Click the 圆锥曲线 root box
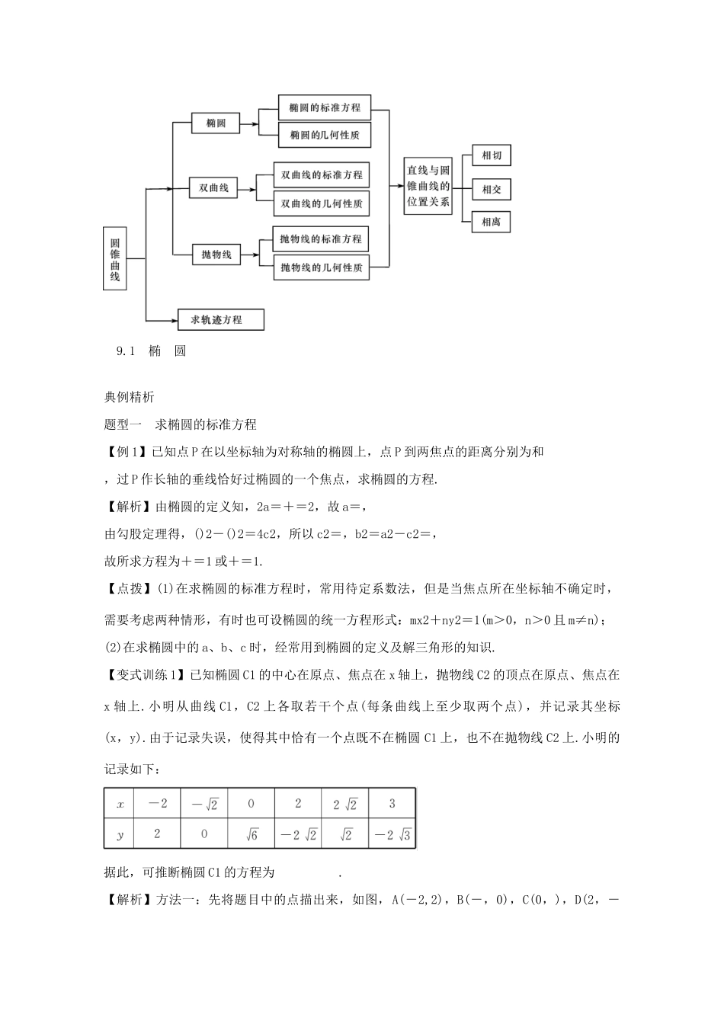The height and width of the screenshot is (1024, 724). point(115,258)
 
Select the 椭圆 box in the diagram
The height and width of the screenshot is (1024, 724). point(216,123)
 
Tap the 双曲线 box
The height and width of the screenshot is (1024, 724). point(214,187)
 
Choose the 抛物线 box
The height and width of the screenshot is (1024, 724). point(216,254)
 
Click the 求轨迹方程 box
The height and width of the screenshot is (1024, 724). point(220,319)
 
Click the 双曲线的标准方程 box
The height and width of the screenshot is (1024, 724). point(322,174)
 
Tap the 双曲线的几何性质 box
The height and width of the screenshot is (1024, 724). point(322,203)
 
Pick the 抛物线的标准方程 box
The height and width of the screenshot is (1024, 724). point(321,239)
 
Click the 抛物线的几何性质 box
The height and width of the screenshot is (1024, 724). point(321,267)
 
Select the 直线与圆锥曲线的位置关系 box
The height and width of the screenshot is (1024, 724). point(428,187)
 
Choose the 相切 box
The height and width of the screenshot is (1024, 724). point(492,156)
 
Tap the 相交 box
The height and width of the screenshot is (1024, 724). point(492,189)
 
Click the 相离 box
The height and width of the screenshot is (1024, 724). point(492,222)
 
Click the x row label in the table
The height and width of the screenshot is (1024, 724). point(120,804)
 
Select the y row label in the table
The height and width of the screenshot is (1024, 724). point(120,834)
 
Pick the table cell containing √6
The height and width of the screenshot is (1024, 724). point(251,834)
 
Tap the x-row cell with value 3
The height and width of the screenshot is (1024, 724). point(392,803)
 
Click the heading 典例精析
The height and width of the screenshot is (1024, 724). point(129,396)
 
